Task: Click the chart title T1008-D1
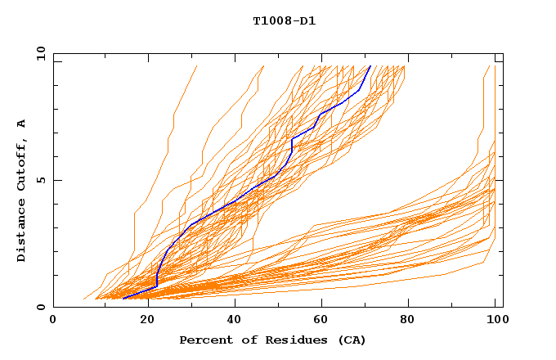(x=284, y=21)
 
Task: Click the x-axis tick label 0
(x=53, y=321)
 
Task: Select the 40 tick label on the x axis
(x=235, y=321)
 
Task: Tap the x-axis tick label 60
(x=324, y=321)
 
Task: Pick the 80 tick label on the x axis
(x=413, y=321)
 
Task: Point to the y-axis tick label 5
(x=42, y=180)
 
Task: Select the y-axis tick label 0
(x=42, y=307)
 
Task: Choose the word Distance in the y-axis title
(x=22, y=232)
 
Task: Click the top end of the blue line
(x=370, y=66)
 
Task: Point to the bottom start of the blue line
(x=123, y=299)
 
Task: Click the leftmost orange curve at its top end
(x=197, y=66)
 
